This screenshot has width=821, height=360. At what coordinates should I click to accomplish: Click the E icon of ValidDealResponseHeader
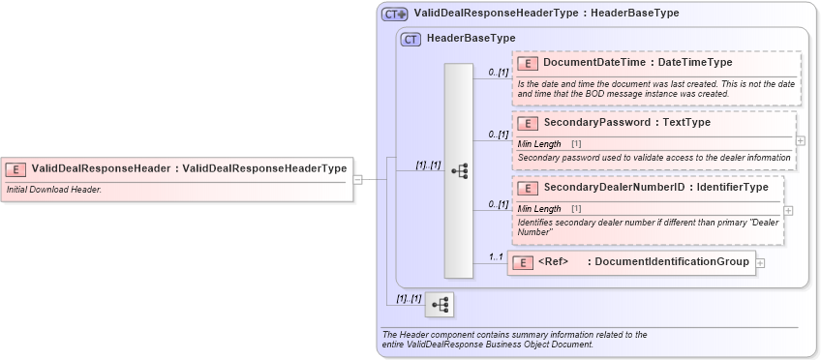[x=16, y=168]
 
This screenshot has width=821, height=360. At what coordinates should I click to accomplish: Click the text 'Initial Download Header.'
[x=54, y=190]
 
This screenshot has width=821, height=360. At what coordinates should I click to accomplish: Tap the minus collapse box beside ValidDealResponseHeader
[x=357, y=179]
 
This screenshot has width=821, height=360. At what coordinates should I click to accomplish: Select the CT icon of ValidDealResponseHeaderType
[x=394, y=14]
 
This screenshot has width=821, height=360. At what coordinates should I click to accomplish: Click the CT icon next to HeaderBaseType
[x=410, y=38]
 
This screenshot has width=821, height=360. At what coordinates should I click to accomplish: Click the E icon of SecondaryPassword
[x=528, y=123]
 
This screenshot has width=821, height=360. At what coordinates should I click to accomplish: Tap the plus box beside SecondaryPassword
[x=800, y=140]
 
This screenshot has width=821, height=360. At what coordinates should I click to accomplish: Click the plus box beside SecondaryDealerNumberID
[x=788, y=210]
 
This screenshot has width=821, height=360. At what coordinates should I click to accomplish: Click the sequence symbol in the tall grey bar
[x=459, y=171]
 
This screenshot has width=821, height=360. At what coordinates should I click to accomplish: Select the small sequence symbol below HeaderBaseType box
[x=440, y=305]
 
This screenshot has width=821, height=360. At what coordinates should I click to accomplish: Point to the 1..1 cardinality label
[x=495, y=256]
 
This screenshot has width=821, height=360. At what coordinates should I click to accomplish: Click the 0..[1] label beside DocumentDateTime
[x=499, y=72]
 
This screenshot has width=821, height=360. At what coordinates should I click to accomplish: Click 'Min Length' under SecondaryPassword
[x=539, y=143]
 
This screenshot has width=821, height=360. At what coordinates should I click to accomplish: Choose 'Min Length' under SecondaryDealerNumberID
[x=539, y=208]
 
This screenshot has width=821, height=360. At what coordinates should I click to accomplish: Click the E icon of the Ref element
[x=523, y=262]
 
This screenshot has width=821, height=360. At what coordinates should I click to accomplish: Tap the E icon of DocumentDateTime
[x=528, y=63]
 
